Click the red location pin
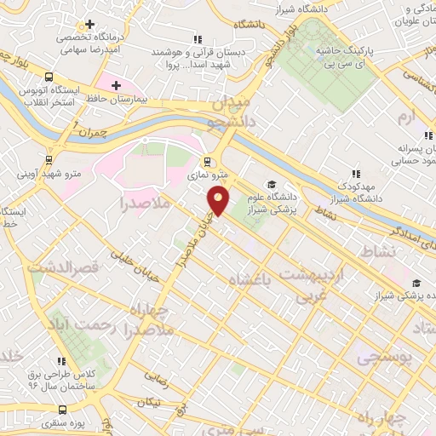219,201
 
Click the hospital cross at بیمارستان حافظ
116,85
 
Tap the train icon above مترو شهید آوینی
49,158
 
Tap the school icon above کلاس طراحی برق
60,361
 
